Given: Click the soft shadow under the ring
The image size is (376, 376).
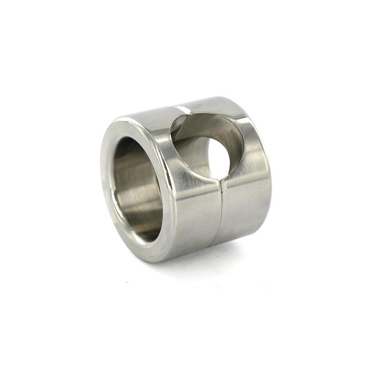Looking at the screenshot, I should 208,257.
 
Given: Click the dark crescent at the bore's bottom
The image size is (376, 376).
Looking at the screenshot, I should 143,233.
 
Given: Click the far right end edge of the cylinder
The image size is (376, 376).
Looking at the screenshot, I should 270,168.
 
